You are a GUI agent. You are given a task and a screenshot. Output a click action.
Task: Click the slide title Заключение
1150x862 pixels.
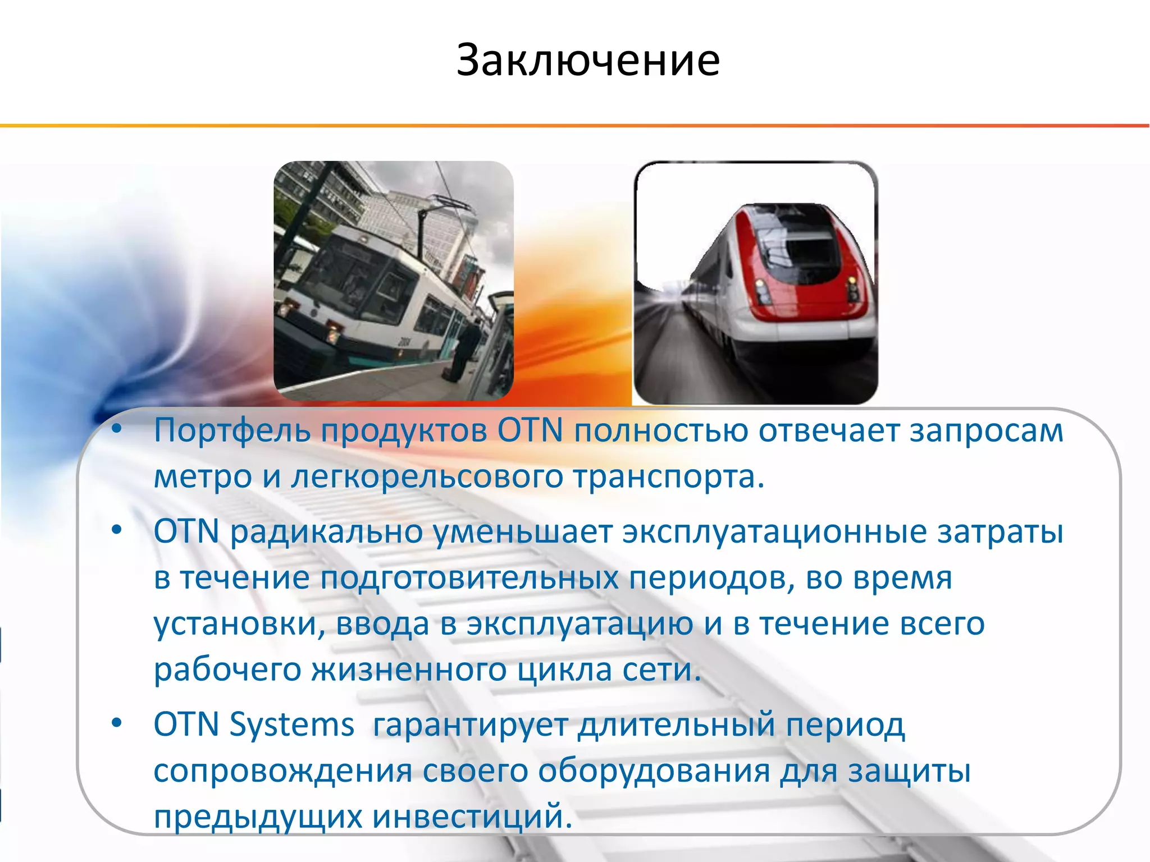587,60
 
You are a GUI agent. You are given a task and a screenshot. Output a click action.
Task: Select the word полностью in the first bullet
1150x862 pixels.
661,431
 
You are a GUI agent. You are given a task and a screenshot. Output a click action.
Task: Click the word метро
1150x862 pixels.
203,477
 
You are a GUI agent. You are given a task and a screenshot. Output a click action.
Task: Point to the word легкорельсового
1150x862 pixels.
427,477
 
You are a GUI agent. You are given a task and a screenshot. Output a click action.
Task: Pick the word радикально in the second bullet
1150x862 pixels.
326,531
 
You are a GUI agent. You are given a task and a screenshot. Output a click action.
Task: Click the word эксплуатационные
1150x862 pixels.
774,531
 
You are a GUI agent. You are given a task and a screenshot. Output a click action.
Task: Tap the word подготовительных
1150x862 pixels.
469,577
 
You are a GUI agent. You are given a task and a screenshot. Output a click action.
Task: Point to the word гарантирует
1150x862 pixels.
471,725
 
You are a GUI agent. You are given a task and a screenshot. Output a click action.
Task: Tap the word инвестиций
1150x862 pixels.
472,817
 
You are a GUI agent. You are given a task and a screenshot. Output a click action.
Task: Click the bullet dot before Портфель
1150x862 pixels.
116,429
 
